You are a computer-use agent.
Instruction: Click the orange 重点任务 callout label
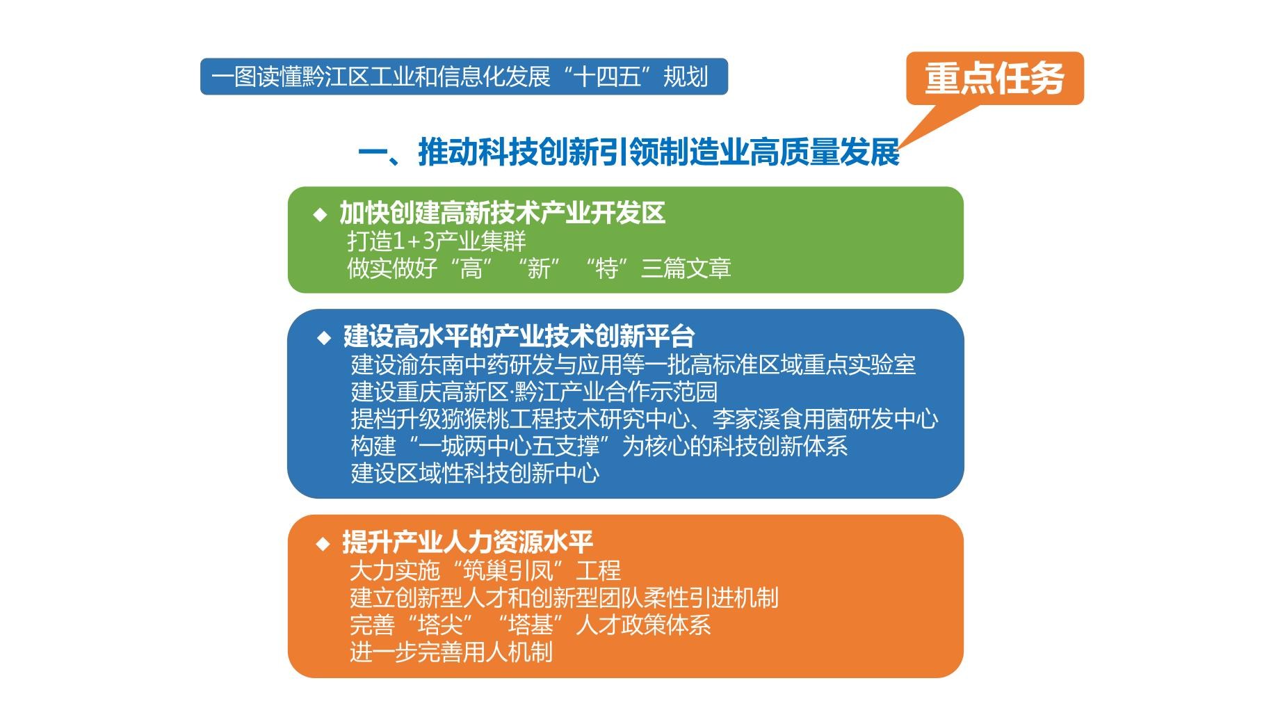(994, 79)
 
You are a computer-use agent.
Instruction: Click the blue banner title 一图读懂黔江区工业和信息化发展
(380, 77)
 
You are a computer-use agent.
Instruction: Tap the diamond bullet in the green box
(320, 214)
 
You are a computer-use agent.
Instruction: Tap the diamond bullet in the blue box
(324, 338)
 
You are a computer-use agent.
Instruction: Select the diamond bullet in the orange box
(323, 543)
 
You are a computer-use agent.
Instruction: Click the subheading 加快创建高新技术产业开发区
(502, 213)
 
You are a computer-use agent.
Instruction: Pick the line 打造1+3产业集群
(437, 241)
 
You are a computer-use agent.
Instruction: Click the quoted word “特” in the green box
(606, 268)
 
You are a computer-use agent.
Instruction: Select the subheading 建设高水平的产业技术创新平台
(519, 337)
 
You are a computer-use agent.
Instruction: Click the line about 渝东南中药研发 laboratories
(633, 364)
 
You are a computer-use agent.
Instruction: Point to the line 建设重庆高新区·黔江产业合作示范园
(534, 392)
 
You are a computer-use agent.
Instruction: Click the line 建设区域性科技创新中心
(475, 473)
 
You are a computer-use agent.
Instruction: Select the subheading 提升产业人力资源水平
(467, 542)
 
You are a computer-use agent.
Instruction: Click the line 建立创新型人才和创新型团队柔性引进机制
(564, 598)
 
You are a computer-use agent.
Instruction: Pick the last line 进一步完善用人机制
(451, 652)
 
